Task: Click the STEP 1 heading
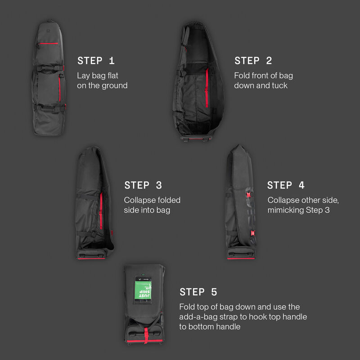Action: [x=96, y=61]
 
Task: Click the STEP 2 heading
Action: [x=253, y=61]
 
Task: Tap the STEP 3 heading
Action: [x=143, y=185]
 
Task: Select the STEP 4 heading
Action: [x=286, y=185]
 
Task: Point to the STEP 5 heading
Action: [x=198, y=292]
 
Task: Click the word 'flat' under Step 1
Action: [x=112, y=75]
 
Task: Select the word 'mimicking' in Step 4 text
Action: [x=287, y=210]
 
